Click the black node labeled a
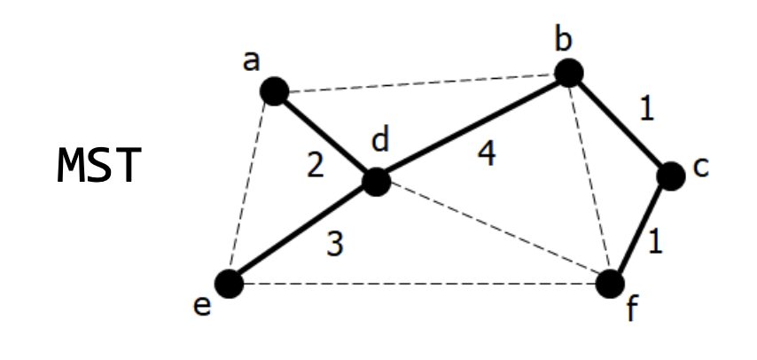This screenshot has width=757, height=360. (x=274, y=90)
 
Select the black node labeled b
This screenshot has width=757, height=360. (x=568, y=73)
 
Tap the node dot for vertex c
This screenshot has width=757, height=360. (x=671, y=176)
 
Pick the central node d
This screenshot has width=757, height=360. (x=377, y=182)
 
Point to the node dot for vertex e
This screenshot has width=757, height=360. (x=229, y=284)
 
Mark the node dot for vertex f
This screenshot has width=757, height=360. (x=610, y=284)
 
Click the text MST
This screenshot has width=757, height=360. (x=98, y=166)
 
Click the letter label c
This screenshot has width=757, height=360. (x=700, y=167)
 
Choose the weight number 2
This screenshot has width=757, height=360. (x=316, y=165)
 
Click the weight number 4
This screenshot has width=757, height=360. (x=486, y=153)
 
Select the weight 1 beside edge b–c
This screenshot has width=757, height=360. (x=647, y=108)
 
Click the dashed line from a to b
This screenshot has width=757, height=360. (x=421, y=82)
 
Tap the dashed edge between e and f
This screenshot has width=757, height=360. (x=417, y=284)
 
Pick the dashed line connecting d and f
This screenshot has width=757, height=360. (x=493, y=232)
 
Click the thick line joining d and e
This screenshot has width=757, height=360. (x=302, y=233)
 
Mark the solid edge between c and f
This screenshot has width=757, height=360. (x=640, y=231)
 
